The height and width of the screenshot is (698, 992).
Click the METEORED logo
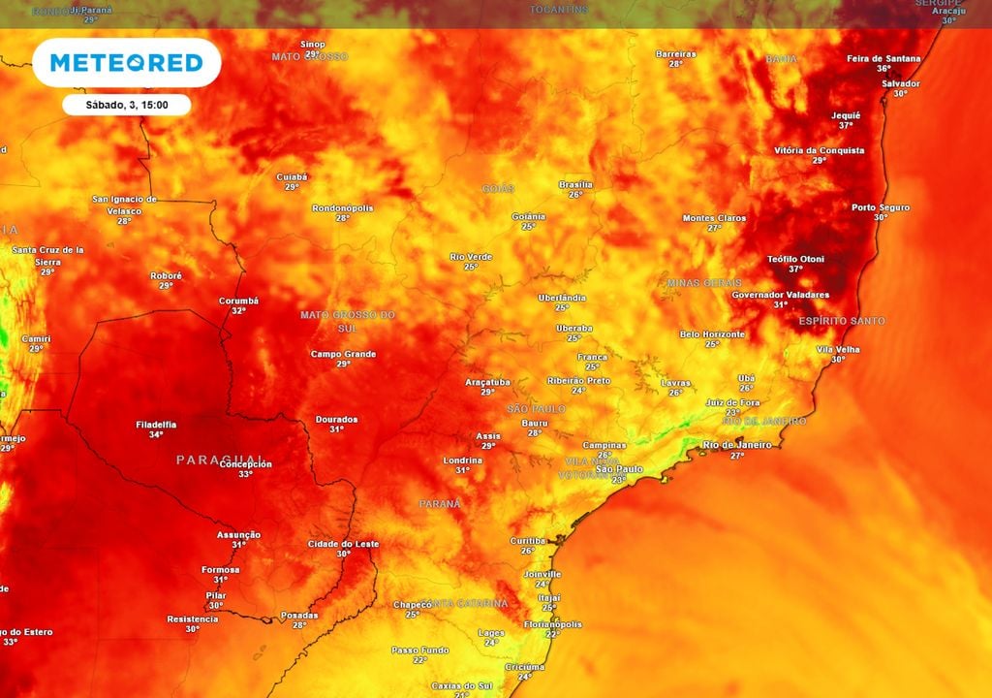[x=126, y=63]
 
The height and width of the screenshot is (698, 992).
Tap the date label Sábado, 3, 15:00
[x=126, y=105]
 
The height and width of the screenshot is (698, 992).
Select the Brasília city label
[x=575, y=184]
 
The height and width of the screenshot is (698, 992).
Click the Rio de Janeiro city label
[x=736, y=444]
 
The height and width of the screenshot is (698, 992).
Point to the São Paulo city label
[x=618, y=469]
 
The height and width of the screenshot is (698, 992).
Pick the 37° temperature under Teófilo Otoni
[x=795, y=270]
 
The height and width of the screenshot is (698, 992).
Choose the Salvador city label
[x=900, y=83]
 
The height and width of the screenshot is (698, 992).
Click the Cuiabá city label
[x=291, y=176]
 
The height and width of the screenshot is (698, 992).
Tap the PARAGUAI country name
[x=220, y=460]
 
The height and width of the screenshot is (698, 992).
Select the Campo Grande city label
[x=343, y=354]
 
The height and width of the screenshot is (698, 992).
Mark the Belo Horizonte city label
[x=712, y=333]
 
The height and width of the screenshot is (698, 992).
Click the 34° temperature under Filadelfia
[x=156, y=435]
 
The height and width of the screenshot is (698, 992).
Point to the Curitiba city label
[x=528, y=540]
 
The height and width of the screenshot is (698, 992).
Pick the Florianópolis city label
[x=552, y=624]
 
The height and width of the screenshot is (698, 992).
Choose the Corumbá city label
[x=238, y=301]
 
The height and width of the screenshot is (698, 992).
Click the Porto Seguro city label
[x=880, y=206]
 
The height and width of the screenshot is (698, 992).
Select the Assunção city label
[x=238, y=534]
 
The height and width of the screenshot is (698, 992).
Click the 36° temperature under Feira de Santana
[x=883, y=69]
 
